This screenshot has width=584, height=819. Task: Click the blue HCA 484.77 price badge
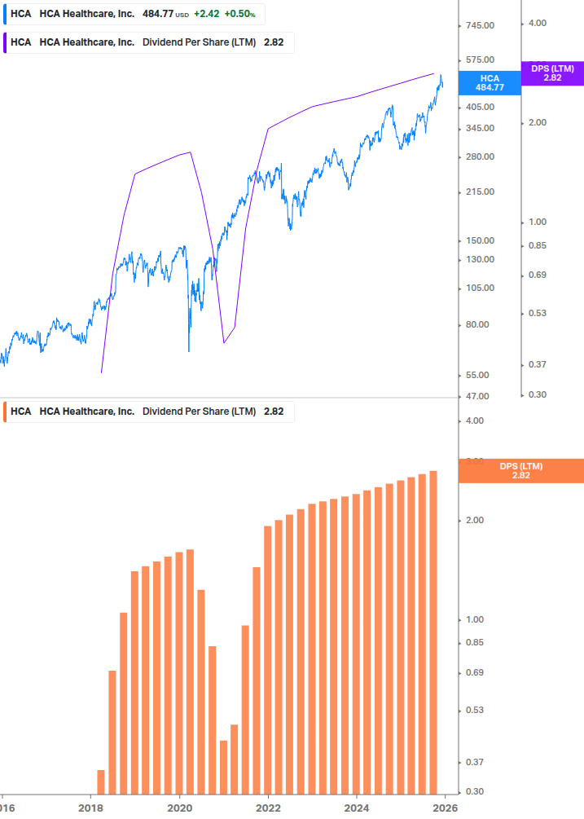490,82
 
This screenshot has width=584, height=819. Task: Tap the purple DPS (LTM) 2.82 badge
552,73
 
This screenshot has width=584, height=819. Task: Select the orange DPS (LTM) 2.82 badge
521,471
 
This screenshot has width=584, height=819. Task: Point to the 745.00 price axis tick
480,26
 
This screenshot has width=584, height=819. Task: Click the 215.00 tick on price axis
480,192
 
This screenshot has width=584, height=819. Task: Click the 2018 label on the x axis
90,808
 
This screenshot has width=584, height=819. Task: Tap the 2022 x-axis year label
268,808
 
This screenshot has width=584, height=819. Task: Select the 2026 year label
443,808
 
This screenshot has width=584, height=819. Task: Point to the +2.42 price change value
206,14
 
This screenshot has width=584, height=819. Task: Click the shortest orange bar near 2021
223,766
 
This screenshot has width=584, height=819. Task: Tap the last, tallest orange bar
433,632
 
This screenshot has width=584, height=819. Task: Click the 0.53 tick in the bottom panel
474,711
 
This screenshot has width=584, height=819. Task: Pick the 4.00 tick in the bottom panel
474,421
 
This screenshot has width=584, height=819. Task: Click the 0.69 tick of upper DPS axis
537,275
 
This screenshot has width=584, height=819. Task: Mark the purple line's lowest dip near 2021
224,343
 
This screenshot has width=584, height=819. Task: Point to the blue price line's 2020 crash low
189,350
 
